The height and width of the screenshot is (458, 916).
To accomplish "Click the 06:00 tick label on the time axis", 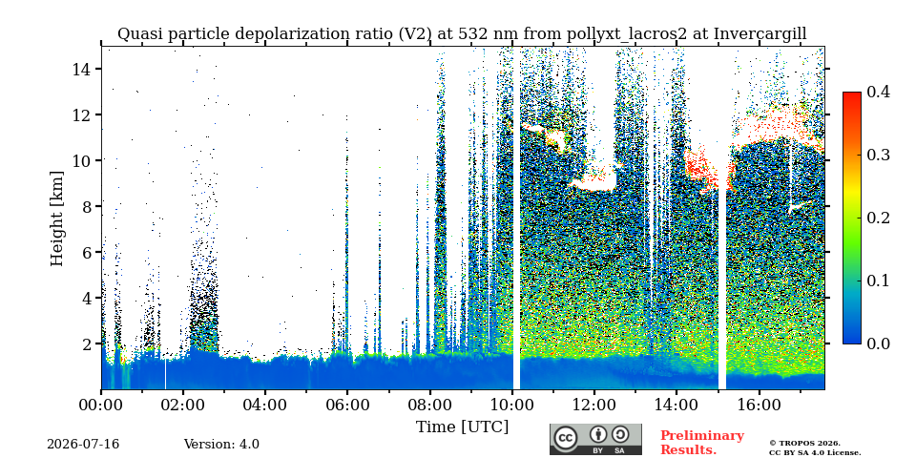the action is (347, 404).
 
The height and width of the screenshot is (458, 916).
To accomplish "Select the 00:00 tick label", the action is (101, 404).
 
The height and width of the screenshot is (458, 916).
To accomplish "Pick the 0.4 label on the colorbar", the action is (878, 92).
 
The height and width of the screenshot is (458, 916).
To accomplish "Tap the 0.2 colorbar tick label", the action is (878, 218).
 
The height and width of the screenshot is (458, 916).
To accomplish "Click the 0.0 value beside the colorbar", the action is (878, 343).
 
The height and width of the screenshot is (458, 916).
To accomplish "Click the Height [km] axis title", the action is (56, 219).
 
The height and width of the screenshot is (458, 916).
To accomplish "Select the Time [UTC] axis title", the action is (462, 427).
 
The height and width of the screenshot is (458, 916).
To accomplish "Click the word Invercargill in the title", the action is (760, 34).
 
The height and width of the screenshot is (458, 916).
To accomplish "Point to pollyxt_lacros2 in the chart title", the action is (624, 34).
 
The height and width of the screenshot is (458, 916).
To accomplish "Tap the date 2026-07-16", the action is (83, 445).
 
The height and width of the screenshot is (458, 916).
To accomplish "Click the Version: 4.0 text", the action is (221, 445).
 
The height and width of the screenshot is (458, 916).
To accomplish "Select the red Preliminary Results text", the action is (701, 443).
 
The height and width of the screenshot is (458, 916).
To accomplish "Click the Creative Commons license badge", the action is (595, 439).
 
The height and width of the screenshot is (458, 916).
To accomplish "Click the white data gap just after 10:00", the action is (516, 218).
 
